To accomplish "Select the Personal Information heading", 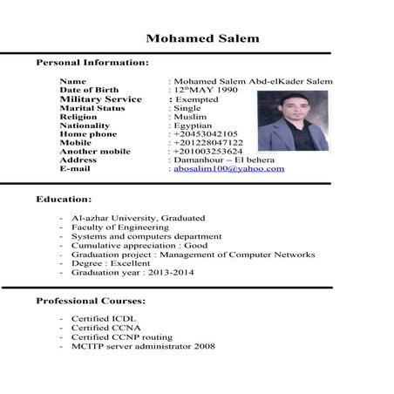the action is point(92,64).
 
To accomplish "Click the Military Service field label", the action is point(100,99).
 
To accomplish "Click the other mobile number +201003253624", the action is point(209,152).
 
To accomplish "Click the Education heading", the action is point(64,200).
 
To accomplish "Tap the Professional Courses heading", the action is point(96,301).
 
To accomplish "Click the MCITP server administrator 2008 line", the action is point(143,346).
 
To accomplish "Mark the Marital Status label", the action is point(92,108).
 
